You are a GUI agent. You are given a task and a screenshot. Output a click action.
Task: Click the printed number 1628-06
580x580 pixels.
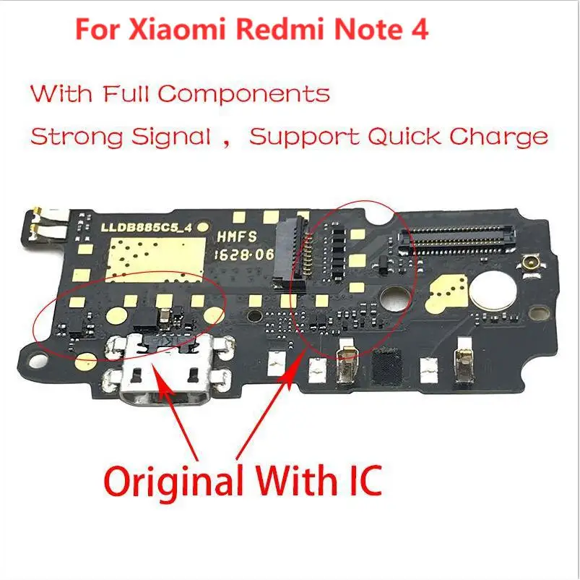[x=233, y=255]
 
